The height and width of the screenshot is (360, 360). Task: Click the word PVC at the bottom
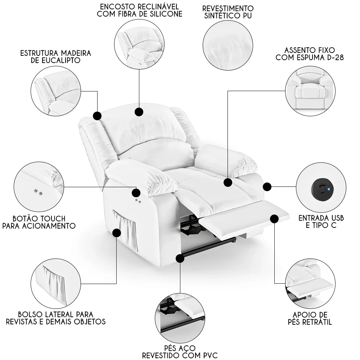click(x=208, y=356)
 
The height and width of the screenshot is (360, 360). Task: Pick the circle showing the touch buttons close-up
click(x=39, y=187)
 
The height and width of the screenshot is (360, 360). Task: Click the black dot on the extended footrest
click(x=274, y=219)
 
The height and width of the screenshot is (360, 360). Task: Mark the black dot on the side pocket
click(x=116, y=233)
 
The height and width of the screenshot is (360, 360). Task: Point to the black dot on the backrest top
click(x=139, y=112)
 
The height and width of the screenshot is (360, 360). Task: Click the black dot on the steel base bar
click(x=180, y=258)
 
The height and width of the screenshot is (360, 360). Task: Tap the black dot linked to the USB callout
click(x=267, y=187)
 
